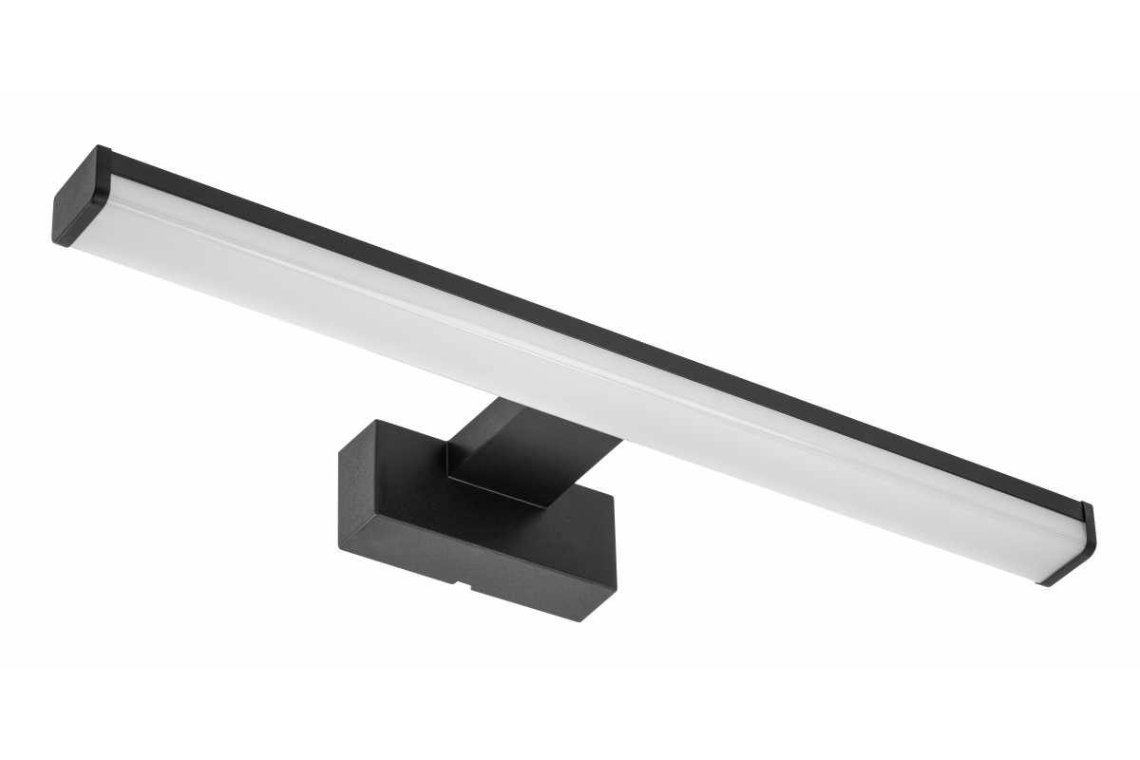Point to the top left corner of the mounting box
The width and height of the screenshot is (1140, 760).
point(377,421)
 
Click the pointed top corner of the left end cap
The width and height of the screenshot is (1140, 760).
point(99,146)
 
